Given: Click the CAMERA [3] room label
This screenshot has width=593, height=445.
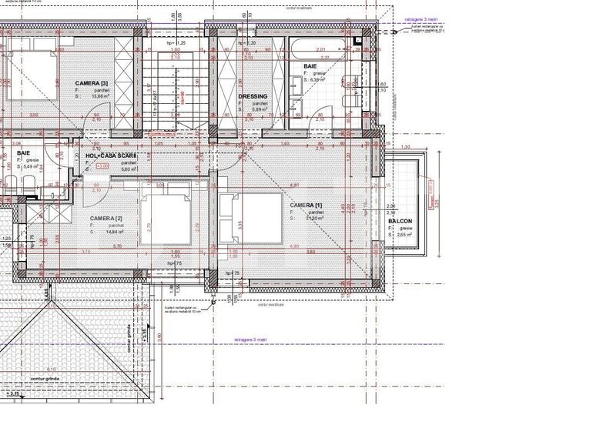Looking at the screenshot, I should pyautogui.click(x=92, y=82).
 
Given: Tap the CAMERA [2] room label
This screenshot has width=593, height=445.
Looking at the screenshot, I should pyautogui.click(x=109, y=219).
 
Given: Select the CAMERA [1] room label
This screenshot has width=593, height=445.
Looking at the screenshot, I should pyautogui.click(x=306, y=206).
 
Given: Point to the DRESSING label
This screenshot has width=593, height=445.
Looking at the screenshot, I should pyautogui.click(x=253, y=96).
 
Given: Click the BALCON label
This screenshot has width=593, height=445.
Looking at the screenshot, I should pyautogui.click(x=401, y=220).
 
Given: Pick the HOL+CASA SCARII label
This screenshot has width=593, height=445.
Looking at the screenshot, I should pyautogui.click(x=116, y=156).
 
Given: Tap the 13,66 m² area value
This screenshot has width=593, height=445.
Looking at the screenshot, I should pyautogui.click(x=102, y=97).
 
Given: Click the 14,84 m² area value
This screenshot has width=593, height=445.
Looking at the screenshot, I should pyautogui.click(x=113, y=232).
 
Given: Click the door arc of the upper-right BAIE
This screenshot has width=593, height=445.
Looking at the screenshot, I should pyautogui.click(x=319, y=119).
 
